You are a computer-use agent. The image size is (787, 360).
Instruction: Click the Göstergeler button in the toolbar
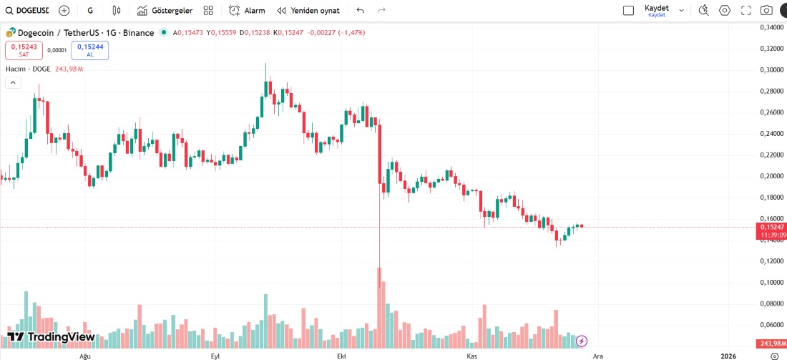pyautogui.click(x=165, y=11)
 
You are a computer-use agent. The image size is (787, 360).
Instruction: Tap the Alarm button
pyautogui.click(x=247, y=11)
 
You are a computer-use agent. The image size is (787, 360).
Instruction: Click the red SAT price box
pyautogui.click(x=24, y=50)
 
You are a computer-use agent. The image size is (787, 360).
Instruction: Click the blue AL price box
pyautogui.click(x=89, y=50)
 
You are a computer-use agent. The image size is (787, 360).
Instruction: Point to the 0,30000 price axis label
pyautogui.click(x=770, y=70)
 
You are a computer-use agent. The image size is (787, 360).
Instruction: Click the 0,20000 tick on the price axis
pyautogui.click(x=770, y=176)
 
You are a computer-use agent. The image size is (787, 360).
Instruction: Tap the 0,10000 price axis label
pyautogui.click(x=770, y=282)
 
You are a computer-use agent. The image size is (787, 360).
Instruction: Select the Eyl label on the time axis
pyautogui.click(x=215, y=356)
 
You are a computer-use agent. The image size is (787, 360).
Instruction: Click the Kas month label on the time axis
pyautogui.click(x=471, y=356)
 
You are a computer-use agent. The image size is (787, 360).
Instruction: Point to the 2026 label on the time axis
pyautogui.click(x=728, y=356)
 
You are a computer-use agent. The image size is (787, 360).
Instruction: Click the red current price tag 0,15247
pyautogui.click(x=773, y=227)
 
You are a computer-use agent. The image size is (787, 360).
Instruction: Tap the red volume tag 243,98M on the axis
pyautogui.click(x=772, y=344)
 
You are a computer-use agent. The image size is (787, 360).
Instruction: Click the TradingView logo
pyautogui.click(x=51, y=337)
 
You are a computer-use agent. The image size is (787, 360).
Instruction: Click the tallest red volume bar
pyautogui.click(x=379, y=308)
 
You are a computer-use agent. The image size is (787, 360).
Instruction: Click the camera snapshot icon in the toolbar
pyautogui.click(x=766, y=11)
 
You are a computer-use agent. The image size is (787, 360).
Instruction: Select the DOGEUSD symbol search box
pyautogui.click(x=27, y=11)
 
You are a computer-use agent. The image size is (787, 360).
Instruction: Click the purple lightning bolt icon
pyautogui.click(x=582, y=341)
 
